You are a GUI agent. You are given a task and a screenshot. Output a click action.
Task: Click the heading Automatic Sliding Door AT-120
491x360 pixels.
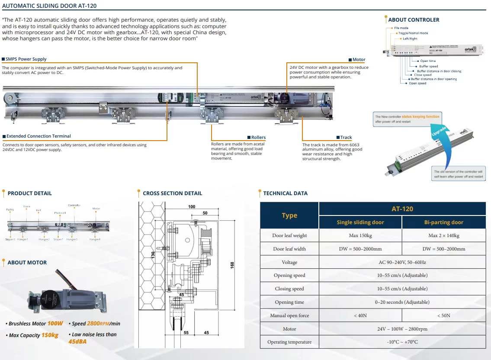click(x=50, y=6)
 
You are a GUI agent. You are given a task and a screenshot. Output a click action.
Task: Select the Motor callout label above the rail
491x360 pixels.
click(x=359, y=60)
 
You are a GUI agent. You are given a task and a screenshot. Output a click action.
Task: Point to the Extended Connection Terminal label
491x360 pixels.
click(x=39, y=136)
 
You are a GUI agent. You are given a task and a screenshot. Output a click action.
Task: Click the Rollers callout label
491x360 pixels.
click(x=258, y=138)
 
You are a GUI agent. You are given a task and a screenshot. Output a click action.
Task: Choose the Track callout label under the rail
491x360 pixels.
click(x=346, y=138)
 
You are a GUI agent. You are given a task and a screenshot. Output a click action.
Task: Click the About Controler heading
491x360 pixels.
click(x=414, y=20)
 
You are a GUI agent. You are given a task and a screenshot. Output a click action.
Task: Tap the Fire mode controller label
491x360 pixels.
click(x=401, y=28)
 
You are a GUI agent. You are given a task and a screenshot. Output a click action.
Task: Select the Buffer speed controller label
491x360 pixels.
click(x=428, y=66)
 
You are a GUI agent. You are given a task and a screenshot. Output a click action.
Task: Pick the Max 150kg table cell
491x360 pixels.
click(x=360, y=235)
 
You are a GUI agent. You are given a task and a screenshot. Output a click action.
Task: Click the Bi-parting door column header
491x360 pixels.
click(x=443, y=222)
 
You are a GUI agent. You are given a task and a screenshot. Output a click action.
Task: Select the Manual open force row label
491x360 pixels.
click(x=289, y=315)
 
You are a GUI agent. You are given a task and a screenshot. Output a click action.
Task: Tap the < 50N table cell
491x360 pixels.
click(x=443, y=315)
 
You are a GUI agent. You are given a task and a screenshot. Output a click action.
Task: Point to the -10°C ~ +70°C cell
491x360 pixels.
click(x=402, y=342)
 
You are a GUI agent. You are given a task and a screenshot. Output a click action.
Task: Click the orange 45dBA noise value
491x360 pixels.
click(x=78, y=341)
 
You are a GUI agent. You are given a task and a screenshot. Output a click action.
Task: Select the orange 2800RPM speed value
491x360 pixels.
click(x=99, y=324)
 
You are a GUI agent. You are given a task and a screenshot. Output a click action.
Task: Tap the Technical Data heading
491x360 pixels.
click(x=285, y=193)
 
